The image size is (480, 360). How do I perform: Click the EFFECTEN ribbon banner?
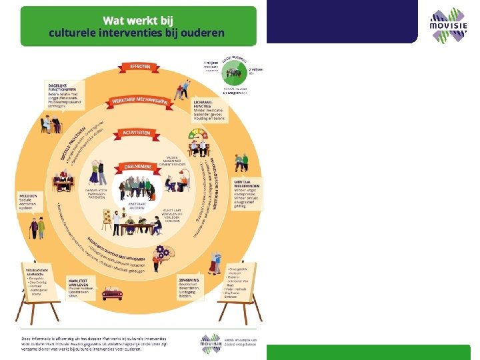(x=140, y=67)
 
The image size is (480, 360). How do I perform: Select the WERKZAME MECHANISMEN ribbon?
(x=139, y=100)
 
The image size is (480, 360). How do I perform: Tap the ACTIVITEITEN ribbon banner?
(x=139, y=133)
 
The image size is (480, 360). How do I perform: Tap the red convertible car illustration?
(x=111, y=292)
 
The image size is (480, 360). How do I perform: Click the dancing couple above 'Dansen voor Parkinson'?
(x=95, y=172)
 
